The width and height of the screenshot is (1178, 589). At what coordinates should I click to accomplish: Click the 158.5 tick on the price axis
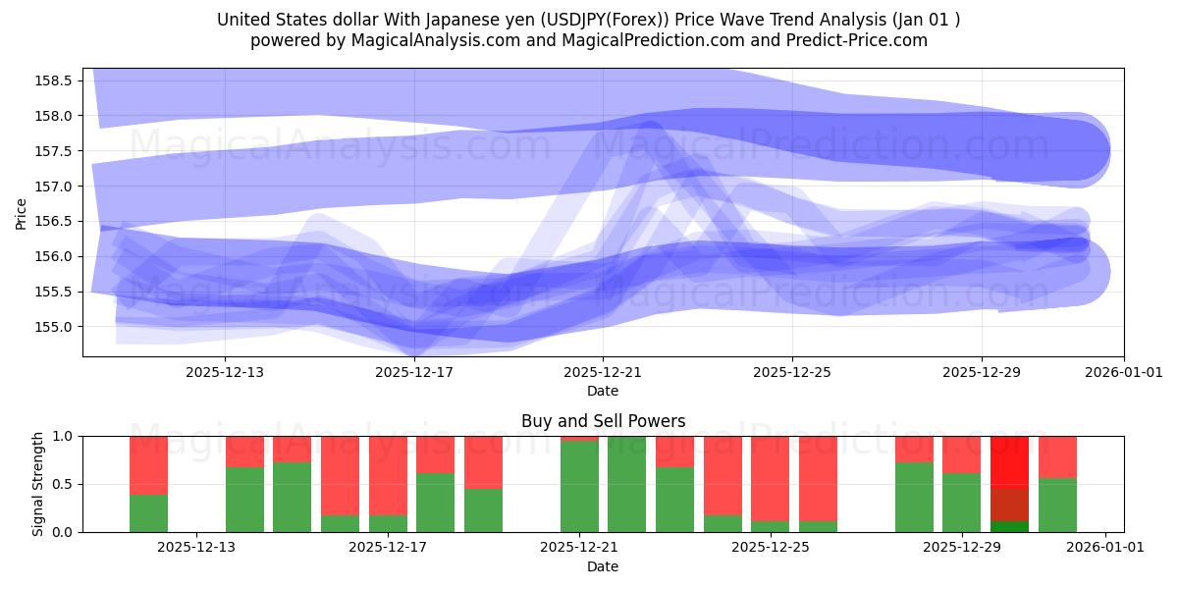(55, 80)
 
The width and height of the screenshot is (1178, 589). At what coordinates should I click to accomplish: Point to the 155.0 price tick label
(55, 327)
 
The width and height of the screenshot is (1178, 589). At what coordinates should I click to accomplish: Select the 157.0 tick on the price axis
(55, 187)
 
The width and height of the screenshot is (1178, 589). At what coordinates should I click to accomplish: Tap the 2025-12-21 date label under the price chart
(603, 372)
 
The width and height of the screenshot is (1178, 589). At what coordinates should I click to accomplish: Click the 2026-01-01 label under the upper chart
(1124, 372)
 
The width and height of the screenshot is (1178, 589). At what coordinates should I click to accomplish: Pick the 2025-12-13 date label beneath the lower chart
(197, 548)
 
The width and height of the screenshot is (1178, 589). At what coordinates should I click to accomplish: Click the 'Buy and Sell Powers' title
(603, 422)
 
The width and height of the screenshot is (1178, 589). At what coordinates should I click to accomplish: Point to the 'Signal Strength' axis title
(38, 484)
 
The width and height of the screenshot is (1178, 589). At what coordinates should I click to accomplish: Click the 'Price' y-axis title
(22, 213)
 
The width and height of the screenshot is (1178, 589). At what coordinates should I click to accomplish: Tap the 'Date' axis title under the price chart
(603, 391)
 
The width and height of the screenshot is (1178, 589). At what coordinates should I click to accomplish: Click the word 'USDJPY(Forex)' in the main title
(587, 20)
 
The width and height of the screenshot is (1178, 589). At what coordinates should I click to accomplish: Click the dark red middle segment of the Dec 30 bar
(1009, 503)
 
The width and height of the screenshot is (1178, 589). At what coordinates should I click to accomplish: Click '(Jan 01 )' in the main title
(926, 20)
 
